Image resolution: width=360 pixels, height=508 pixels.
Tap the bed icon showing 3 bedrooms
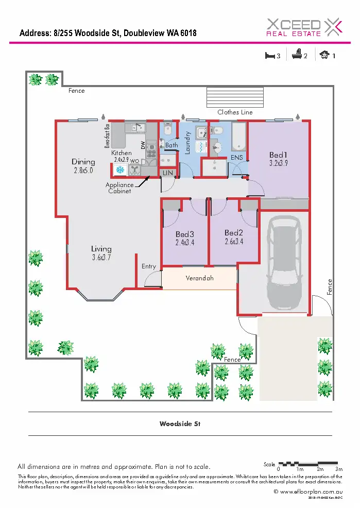point(269,55)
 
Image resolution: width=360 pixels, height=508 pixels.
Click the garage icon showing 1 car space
point(324,55)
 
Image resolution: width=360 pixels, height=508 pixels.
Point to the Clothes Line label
point(235,112)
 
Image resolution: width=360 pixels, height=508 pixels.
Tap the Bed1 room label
point(278,155)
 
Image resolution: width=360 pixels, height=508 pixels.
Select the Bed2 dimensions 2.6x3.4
point(234,241)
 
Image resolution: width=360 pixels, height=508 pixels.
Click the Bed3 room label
point(185,234)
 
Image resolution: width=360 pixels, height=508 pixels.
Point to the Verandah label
point(199,278)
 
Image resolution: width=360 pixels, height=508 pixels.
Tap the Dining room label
point(83,162)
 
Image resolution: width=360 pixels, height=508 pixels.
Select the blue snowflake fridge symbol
point(120,170)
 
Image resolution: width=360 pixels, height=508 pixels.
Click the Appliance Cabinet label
point(119,188)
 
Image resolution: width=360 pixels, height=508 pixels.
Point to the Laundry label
point(188,142)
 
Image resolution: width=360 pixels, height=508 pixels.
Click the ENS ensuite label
point(236,157)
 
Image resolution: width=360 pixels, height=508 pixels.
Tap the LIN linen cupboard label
point(167,174)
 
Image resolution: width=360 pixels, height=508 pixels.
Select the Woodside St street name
point(180,424)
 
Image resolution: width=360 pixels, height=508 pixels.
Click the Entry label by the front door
point(148,266)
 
